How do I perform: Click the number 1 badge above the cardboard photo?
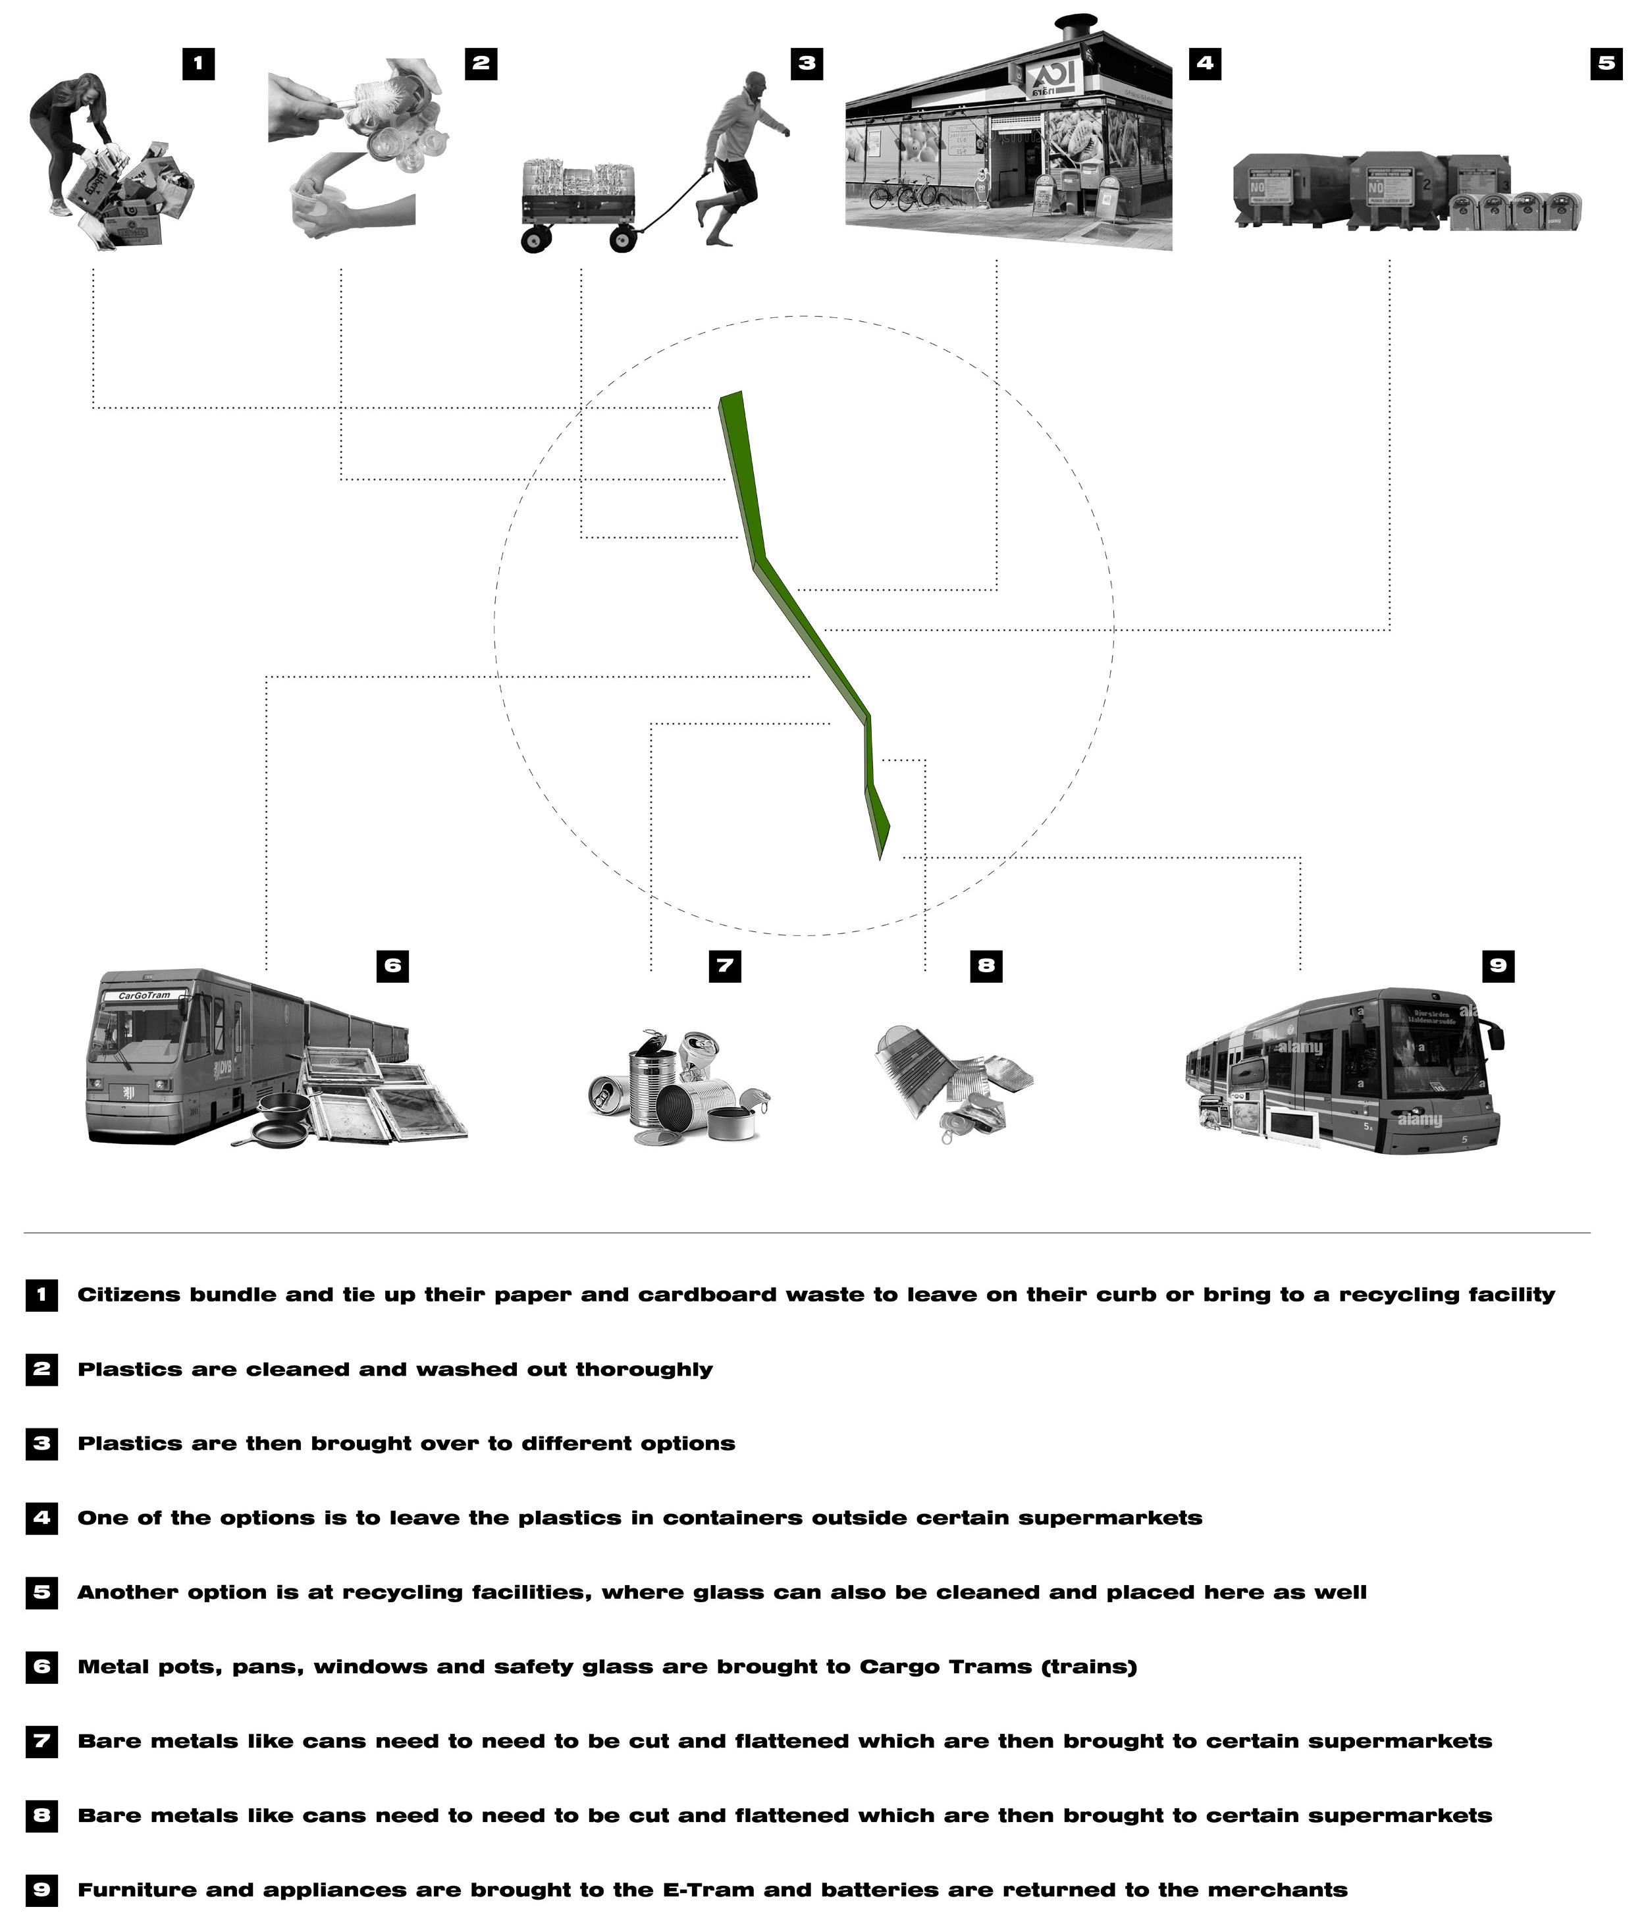198,65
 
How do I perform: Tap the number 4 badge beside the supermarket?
1204,63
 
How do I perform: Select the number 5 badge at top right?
1605,63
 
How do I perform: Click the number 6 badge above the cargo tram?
392,966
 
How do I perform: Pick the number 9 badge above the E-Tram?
1497,966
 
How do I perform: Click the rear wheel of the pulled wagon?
536,240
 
